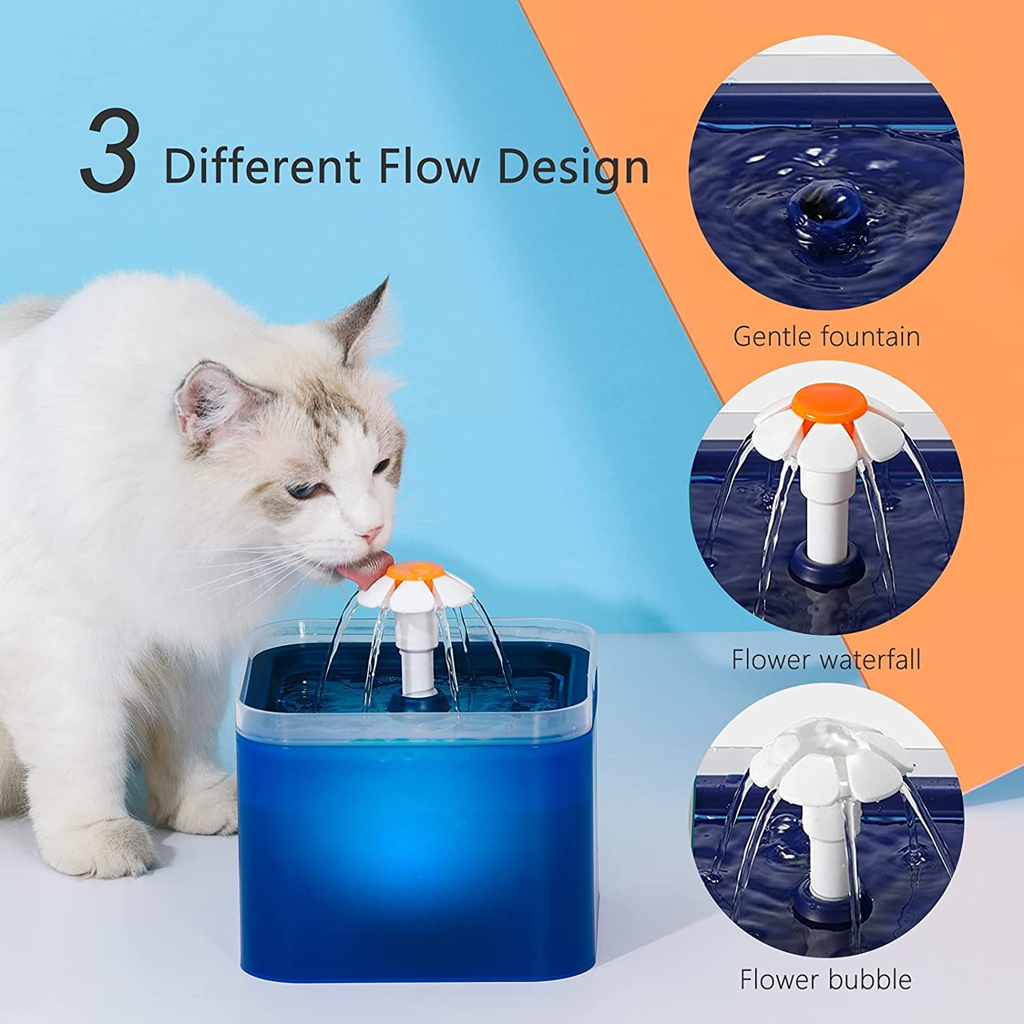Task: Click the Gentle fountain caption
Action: click(826, 337)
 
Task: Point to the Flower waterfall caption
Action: click(826, 659)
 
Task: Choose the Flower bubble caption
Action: click(826, 980)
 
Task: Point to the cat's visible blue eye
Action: click(299, 489)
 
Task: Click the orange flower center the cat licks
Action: click(414, 571)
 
